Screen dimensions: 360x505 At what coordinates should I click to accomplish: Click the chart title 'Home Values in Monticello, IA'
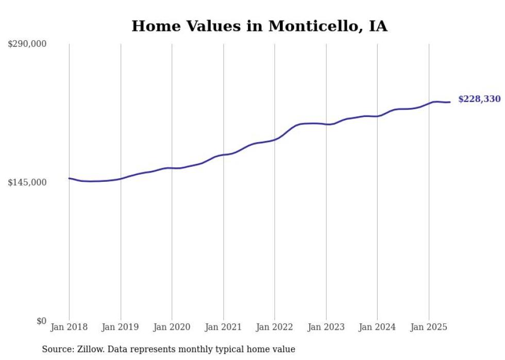click(259, 26)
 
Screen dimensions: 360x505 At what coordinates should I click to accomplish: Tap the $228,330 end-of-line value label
click(479, 99)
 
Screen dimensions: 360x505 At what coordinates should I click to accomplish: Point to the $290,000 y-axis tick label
click(27, 44)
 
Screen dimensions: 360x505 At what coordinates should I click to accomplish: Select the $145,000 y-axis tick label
click(27, 182)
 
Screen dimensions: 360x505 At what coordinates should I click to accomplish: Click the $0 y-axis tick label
click(41, 321)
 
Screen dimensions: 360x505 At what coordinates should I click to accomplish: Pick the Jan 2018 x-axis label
click(69, 327)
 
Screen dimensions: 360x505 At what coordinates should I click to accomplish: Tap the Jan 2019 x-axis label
click(121, 327)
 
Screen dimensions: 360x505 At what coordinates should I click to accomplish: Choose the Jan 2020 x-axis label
click(172, 327)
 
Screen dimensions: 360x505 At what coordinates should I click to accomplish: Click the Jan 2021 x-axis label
click(223, 327)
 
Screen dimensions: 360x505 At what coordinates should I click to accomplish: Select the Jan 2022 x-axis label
click(275, 327)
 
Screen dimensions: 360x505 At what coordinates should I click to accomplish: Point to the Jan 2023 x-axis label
click(326, 327)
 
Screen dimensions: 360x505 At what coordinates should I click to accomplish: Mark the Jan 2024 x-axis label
click(377, 327)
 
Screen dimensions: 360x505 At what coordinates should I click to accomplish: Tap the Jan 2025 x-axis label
click(429, 327)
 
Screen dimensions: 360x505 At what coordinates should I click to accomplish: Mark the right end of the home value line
click(450, 102)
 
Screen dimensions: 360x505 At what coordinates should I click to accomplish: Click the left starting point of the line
click(69, 178)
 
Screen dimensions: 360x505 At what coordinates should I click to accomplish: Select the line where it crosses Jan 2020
click(172, 168)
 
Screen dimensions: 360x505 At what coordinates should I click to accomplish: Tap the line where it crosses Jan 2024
click(377, 116)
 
